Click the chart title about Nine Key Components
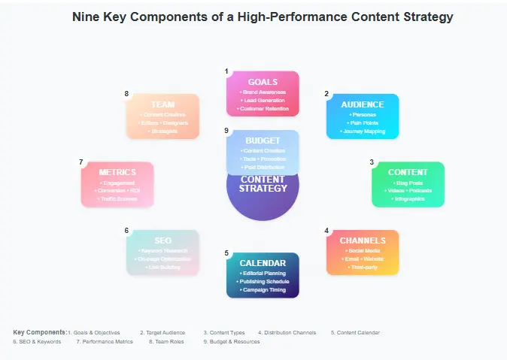coord(263,16)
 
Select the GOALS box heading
coord(263,82)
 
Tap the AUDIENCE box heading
coord(362,104)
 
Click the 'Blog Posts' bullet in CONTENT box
coord(408,183)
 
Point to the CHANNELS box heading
coord(362,241)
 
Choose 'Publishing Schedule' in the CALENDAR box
coord(263,281)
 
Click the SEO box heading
coord(162,241)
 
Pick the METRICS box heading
coord(117,172)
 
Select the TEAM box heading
coord(162,104)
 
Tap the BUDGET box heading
coord(263,141)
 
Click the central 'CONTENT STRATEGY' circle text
coord(263,184)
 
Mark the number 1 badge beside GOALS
coord(226,71)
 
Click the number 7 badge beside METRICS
coord(80,162)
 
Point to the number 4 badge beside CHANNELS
coord(326,230)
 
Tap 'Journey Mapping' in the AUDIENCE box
coord(362,131)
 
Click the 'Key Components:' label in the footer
coord(40,332)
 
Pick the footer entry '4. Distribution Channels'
coord(287,332)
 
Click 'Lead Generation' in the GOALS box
coord(263,100)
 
